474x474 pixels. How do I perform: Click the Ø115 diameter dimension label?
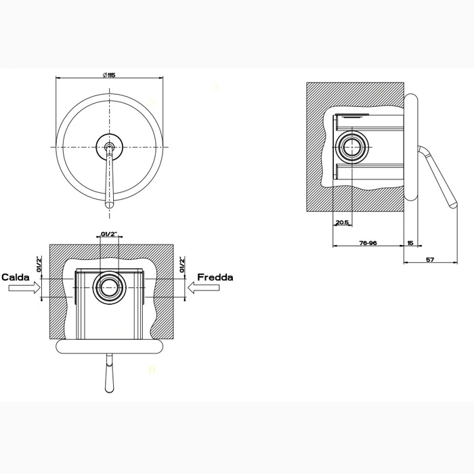(109, 75)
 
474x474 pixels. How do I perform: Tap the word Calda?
(16, 277)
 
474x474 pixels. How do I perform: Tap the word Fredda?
(215, 277)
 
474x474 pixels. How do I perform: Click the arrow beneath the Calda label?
(24, 288)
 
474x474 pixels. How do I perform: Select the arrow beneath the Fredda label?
(203, 288)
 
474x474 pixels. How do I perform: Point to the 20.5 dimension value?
(342, 223)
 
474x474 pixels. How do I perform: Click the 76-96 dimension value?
(368, 242)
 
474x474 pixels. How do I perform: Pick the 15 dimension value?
(410, 242)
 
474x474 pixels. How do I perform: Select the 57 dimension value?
(430, 259)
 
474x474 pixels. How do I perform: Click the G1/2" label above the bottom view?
(109, 234)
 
